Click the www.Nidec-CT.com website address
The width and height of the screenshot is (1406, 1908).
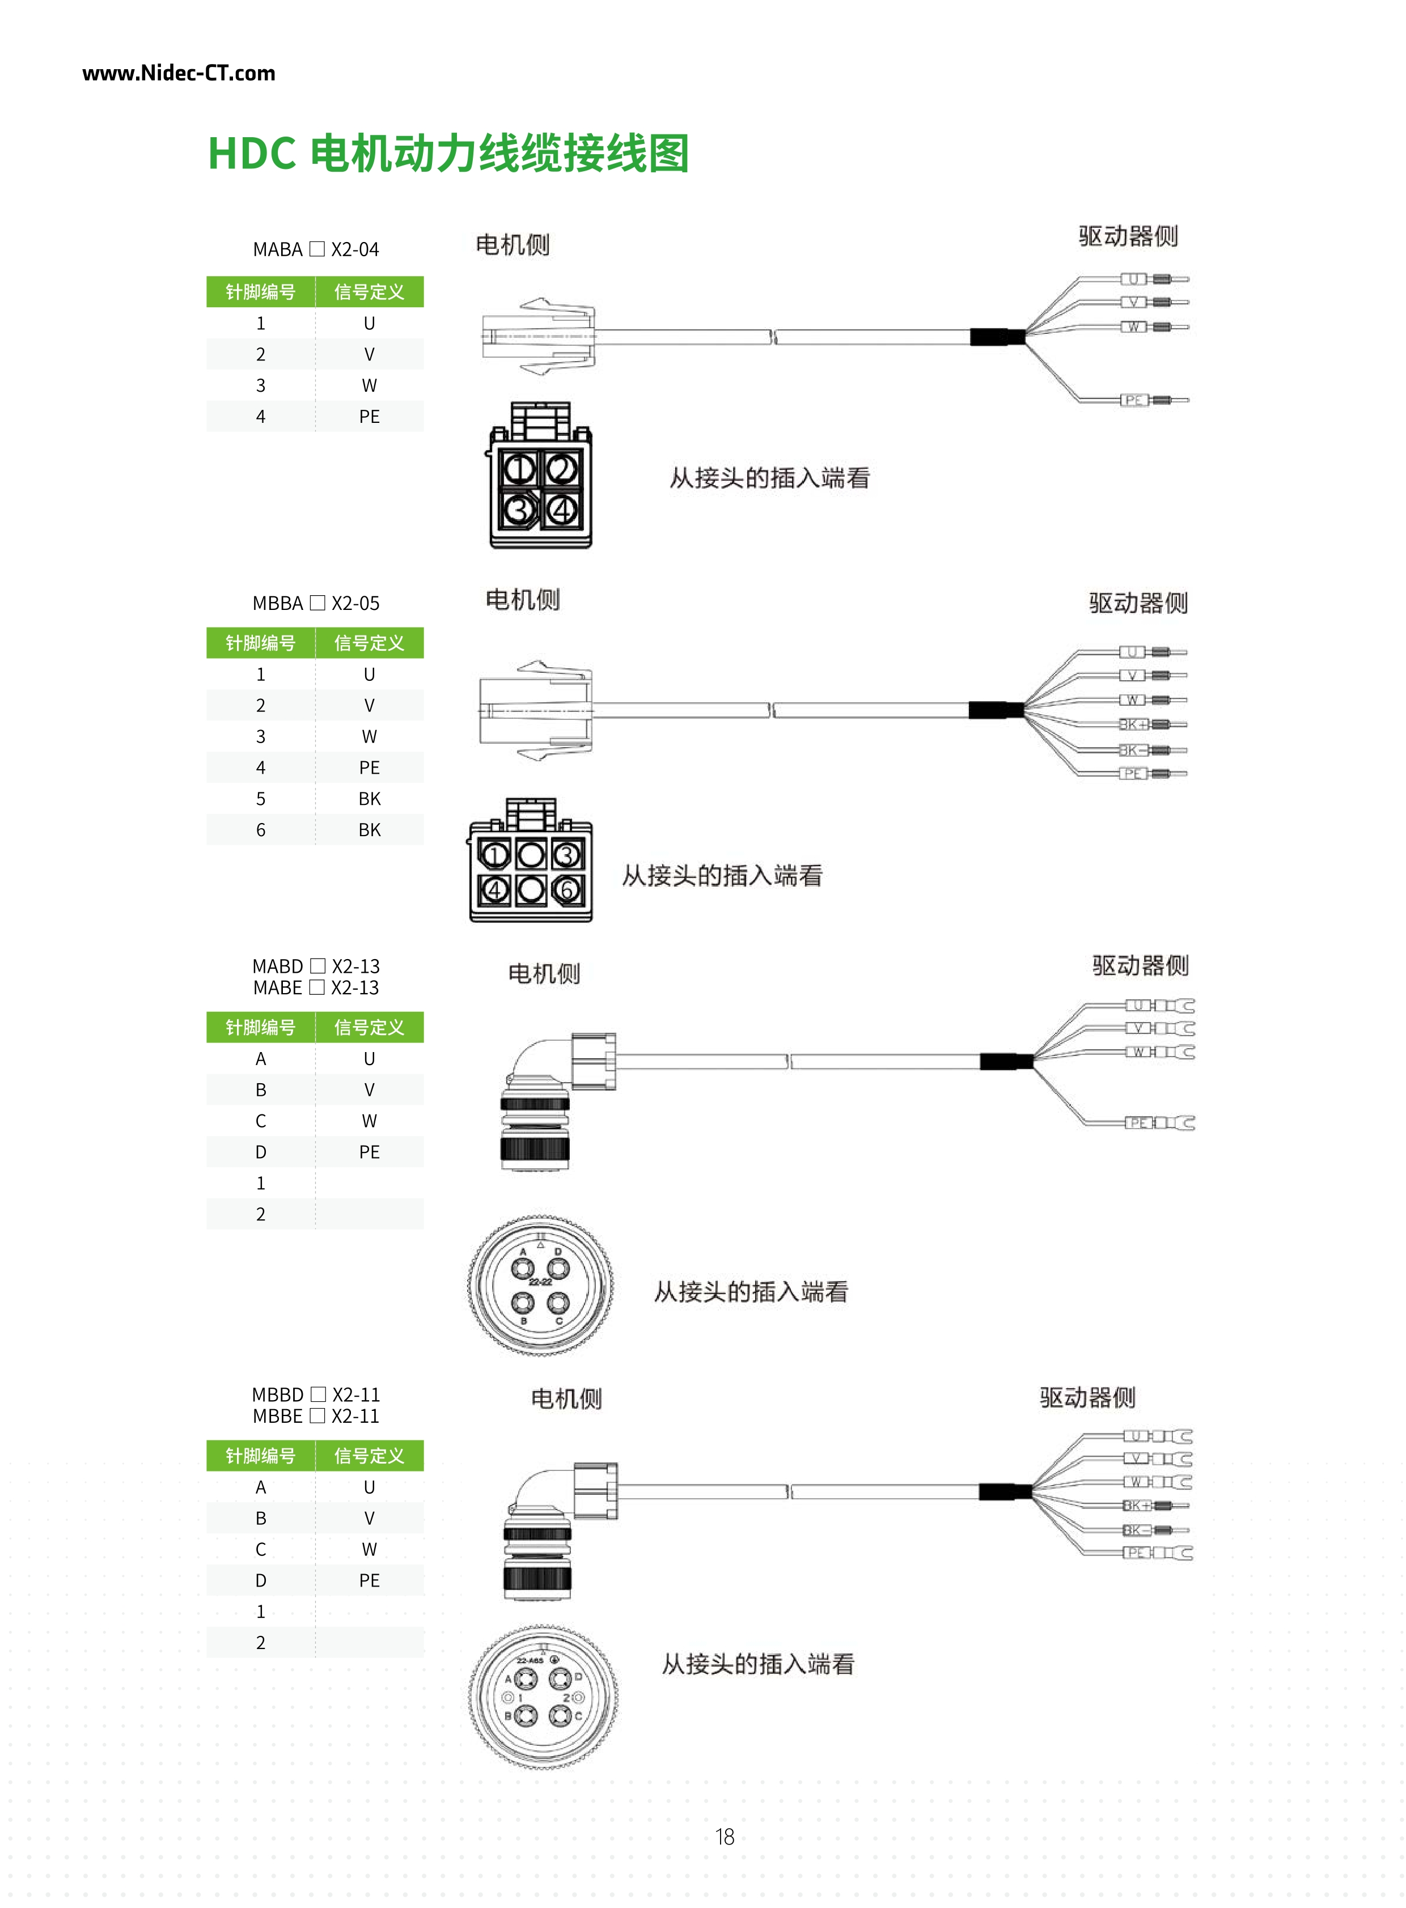coord(179,73)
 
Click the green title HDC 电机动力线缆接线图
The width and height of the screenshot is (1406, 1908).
coord(448,154)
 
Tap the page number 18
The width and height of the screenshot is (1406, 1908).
coord(725,1837)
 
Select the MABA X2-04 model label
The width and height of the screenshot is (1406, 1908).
coord(316,249)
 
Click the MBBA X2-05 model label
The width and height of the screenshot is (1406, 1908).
coord(316,603)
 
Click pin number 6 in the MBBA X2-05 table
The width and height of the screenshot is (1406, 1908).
coord(260,830)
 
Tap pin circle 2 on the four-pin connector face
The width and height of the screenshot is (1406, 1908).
coord(562,468)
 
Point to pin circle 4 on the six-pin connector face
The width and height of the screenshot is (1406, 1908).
coord(494,890)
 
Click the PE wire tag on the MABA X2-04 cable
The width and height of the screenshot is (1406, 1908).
coord(1133,400)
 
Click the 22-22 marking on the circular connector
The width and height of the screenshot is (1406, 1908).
coord(540,1282)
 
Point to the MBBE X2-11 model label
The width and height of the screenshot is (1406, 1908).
coord(316,1416)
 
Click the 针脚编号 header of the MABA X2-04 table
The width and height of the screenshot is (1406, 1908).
coord(260,292)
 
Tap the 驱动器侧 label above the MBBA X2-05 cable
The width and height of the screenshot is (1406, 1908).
coord(1138,603)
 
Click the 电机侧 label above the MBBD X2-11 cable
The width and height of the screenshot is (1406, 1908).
coord(566,1398)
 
